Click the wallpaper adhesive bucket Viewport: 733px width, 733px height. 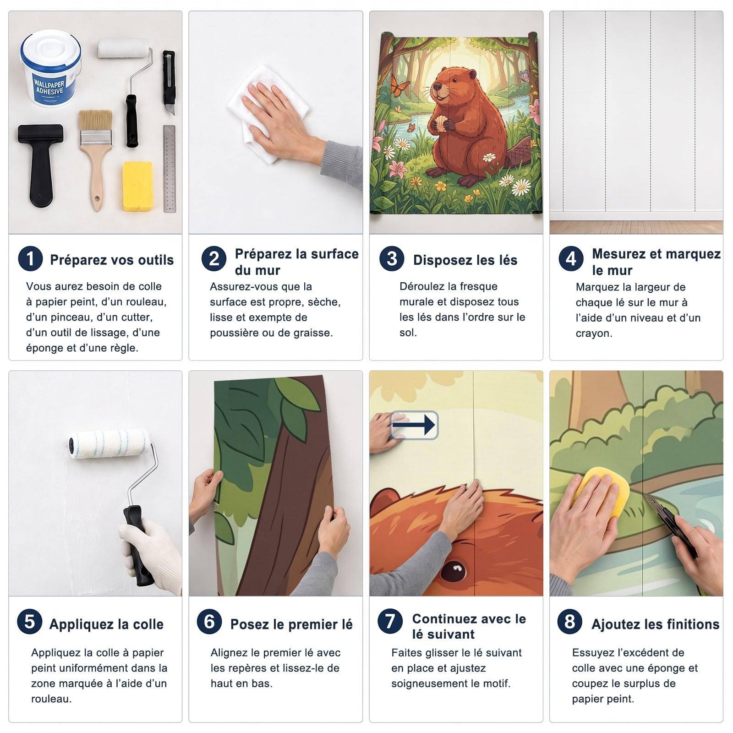[x=50, y=69]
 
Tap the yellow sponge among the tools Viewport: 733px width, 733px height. [x=137, y=186]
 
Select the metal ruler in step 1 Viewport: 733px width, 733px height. [x=169, y=169]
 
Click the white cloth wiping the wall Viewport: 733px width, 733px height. [x=268, y=112]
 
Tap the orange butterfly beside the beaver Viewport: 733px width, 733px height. [x=399, y=84]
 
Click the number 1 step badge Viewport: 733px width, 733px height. [x=30, y=258]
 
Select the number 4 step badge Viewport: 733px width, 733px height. [x=571, y=259]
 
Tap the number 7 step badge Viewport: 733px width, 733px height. [x=390, y=622]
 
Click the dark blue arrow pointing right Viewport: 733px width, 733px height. [x=414, y=425]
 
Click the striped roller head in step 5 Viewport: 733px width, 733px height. [x=110, y=443]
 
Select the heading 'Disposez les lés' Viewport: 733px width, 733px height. [x=465, y=260]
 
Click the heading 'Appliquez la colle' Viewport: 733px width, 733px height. [x=106, y=624]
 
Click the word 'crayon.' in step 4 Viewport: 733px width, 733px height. [x=594, y=334]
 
